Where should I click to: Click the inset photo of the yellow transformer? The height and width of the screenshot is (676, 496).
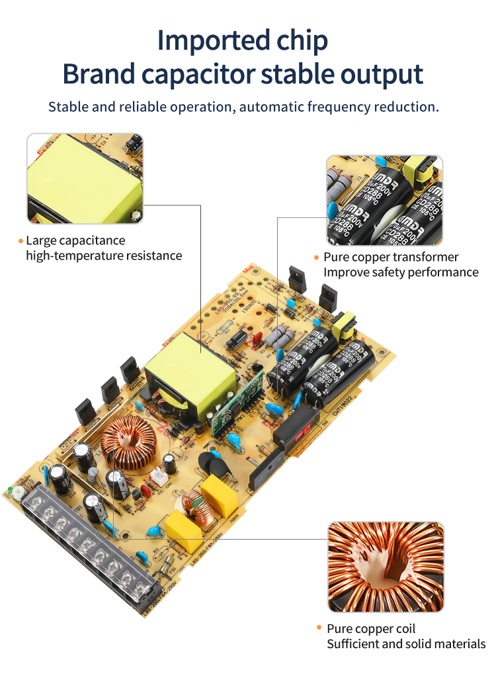85,178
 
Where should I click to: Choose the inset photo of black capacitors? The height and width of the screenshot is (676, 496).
385,201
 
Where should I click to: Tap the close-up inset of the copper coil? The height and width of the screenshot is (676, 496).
386,567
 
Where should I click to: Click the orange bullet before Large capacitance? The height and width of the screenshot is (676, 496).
21,241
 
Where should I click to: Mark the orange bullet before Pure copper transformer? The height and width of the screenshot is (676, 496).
317,258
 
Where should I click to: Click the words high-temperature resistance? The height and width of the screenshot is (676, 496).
104,256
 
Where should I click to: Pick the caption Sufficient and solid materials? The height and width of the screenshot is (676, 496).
406,644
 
